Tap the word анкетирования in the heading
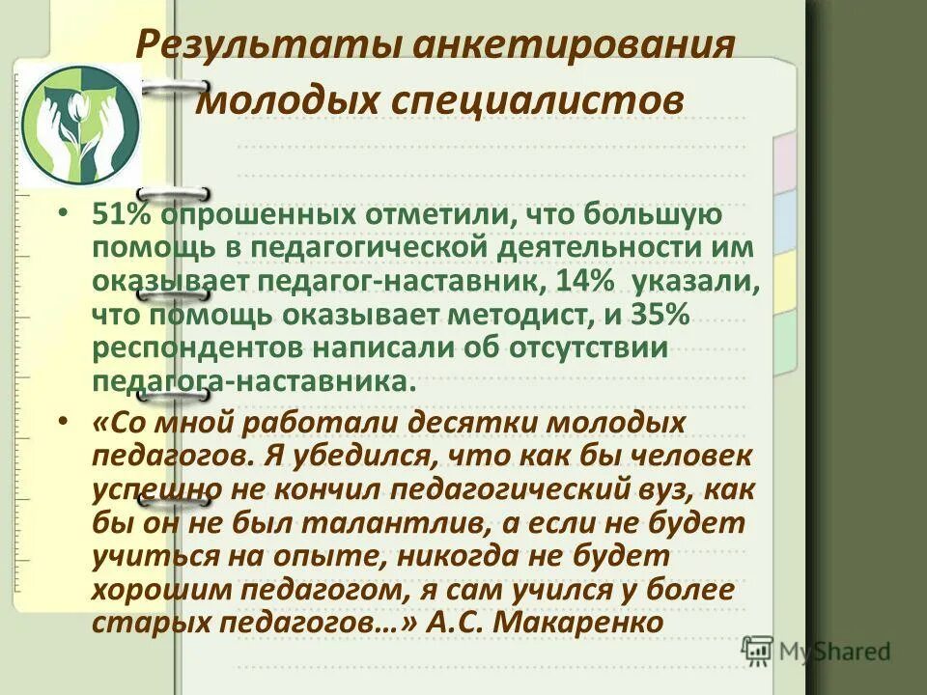coord(565,45)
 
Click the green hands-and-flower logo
coord(81,125)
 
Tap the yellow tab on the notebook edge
coord(784,280)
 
